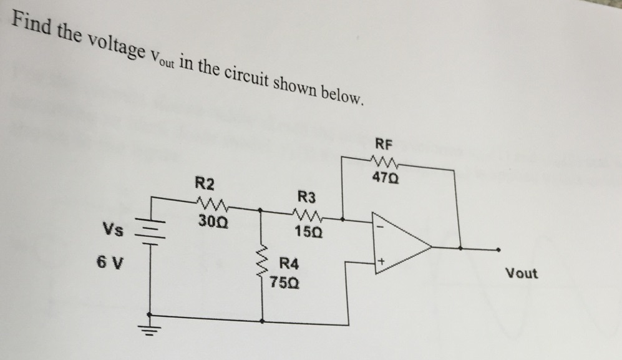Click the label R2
click(205, 184)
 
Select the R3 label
click(306, 198)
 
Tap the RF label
click(385, 144)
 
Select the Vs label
click(113, 230)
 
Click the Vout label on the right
click(521, 273)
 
